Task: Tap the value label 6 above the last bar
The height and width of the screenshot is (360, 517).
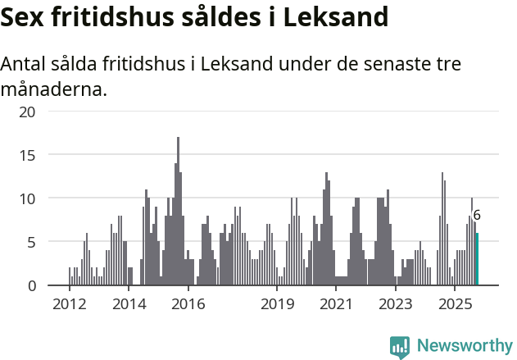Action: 477,216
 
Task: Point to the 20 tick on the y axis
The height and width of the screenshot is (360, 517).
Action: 27,111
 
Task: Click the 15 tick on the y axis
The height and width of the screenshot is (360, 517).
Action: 27,154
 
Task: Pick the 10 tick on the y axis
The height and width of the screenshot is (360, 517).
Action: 27,198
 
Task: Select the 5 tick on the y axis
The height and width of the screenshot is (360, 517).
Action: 31,242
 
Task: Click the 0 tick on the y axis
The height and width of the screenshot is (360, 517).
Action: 31,285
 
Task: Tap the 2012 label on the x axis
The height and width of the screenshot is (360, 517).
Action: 70,304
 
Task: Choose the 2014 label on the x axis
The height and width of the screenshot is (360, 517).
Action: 129,304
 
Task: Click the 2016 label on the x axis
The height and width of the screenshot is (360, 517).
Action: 188,304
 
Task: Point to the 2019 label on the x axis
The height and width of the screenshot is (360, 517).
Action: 278,304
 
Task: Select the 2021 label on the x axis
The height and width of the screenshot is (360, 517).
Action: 337,304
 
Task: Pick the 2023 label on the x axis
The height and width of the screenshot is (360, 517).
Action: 396,304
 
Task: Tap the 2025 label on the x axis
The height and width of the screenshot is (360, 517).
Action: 456,304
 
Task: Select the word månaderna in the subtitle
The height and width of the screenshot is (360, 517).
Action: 53,89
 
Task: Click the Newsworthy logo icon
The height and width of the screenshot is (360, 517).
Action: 400,346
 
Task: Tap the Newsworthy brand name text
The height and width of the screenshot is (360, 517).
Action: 465,346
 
